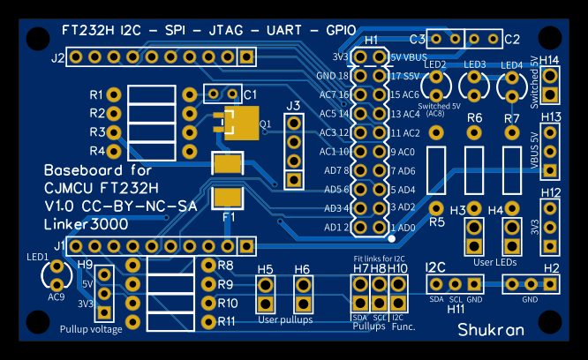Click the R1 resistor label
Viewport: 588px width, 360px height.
pyautogui.click(x=96, y=94)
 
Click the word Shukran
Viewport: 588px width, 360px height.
pyautogui.click(x=491, y=329)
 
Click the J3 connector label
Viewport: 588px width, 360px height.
pyautogui.click(x=294, y=106)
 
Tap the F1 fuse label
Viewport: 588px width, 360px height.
pyautogui.click(x=229, y=216)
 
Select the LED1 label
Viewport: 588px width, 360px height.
pyautogui.click(x=38, y=257)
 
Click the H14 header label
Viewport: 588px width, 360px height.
pyautogui.click(x=549, y=61)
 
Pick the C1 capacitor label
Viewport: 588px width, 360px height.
pyautogui.click(x=250, y=94)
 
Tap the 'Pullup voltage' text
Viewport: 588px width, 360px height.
pyautogui.click(x=91, y=329)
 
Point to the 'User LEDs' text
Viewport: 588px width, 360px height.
pyautogui.click(x=494, y=262)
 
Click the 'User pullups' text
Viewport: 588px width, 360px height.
pyautogui.click(x=285, y=319)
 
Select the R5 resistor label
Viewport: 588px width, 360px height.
pyautogui.click(x=436, y=222)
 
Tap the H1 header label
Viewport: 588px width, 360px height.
pyautogui.click(x=371, y=41)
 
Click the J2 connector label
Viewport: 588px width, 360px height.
pyautogui.click(x=57, y=58)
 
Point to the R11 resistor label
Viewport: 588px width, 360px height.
pyautogui.click(x=227, y=320)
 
